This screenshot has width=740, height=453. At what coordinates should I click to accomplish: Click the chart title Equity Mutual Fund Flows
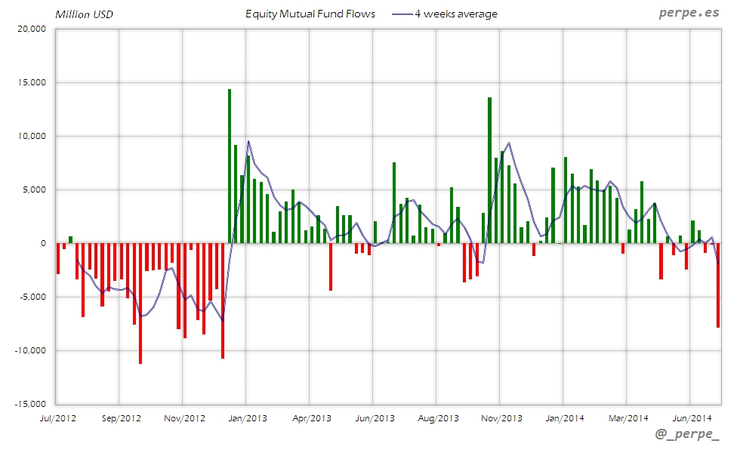tap(310, 14)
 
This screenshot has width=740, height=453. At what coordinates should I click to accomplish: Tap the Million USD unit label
tap(84, 14)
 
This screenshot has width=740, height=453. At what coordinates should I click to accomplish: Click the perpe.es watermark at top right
tap(688, 14)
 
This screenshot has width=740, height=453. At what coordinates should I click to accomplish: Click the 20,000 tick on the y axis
tap(31, 29)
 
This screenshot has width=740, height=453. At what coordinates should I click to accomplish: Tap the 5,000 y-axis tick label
tap(33, 190)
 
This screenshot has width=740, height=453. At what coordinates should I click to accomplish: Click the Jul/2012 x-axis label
tap(57, 418)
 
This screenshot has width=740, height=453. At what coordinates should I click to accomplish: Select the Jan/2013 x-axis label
tap(247, 418)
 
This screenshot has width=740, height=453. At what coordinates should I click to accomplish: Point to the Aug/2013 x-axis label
tap(437, 418)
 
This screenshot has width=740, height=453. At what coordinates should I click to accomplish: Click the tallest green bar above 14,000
tap(229, 166)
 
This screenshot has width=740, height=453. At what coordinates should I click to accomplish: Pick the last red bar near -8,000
tap(718, 285)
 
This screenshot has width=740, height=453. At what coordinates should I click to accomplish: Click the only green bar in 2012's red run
tap(70, 239)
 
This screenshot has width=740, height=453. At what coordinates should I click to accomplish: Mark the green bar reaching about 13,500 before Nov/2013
tap(489, 170)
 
